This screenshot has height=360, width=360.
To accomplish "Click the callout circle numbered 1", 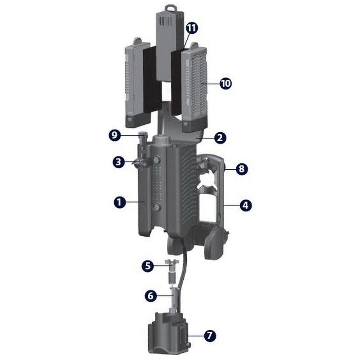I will point(119,202).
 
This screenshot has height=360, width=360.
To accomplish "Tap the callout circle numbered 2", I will point(220,138).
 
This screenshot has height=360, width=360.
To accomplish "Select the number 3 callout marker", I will point(119,162).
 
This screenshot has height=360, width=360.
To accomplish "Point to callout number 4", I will point(245,206).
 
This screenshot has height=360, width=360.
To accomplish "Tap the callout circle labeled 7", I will point(210,335).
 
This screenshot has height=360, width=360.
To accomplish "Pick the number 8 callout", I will point(242,169).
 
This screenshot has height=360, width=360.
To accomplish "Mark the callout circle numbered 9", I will point(116,135).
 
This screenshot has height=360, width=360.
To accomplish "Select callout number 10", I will point(225,83).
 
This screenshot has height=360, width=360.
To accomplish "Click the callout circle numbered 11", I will point(192,28).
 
